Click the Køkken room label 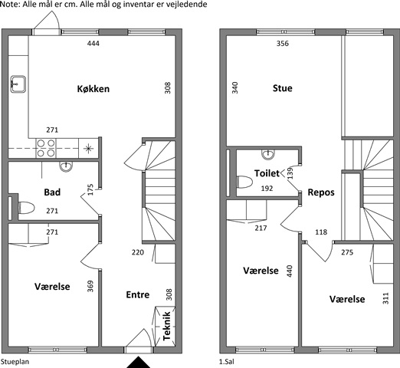[93, 89]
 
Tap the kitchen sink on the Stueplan [18, 84]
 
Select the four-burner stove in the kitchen [46, 148]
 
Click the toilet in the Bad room [26, 208]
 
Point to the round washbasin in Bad [66, 166]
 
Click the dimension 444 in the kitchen [93, 44]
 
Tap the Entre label [138, 294]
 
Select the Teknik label [166, 326]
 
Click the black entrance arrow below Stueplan [138, 363]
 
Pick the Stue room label [283, 88]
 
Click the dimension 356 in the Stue [283, 44]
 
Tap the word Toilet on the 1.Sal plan [267, 173]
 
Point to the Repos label [321, 192]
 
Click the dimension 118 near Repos [321, 232]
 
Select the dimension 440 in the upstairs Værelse [290, 271]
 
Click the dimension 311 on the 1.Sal [385, 298]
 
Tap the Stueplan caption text [15, 362]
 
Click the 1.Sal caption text [227, 362]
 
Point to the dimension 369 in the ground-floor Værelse [90, 286]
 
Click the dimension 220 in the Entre [138, 252]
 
